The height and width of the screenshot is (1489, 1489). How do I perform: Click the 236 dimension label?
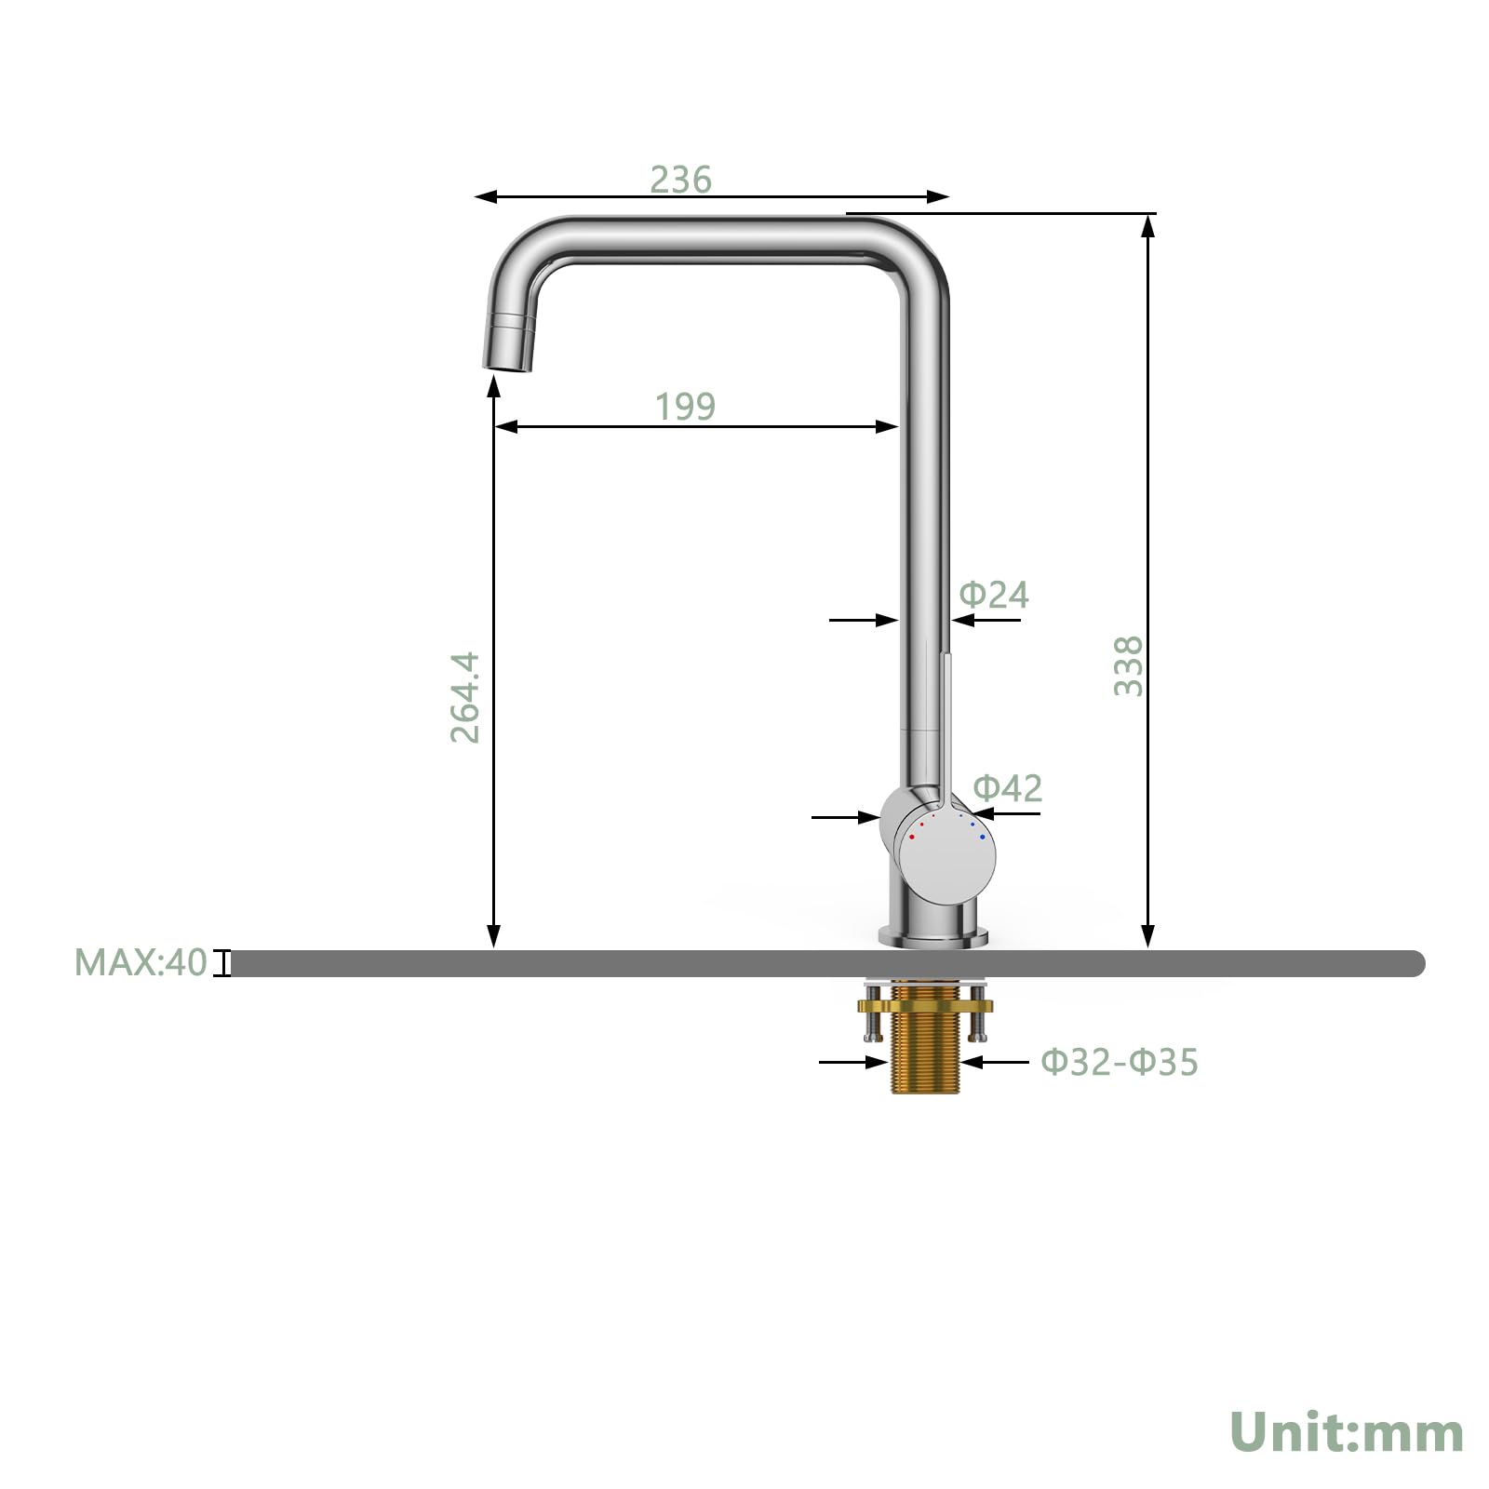680,180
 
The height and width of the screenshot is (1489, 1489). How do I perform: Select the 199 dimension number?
685,407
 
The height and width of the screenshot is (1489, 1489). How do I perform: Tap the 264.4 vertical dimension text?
464,696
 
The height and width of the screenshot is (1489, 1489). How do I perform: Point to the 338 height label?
1128,665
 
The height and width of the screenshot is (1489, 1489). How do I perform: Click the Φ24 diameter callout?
994,595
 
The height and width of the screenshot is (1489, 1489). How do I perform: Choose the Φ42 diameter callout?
1008,788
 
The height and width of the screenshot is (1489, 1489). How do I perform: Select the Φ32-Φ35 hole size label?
1120,1061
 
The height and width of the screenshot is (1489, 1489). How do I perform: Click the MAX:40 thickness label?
141,962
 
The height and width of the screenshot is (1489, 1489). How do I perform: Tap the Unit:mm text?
1347,1431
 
